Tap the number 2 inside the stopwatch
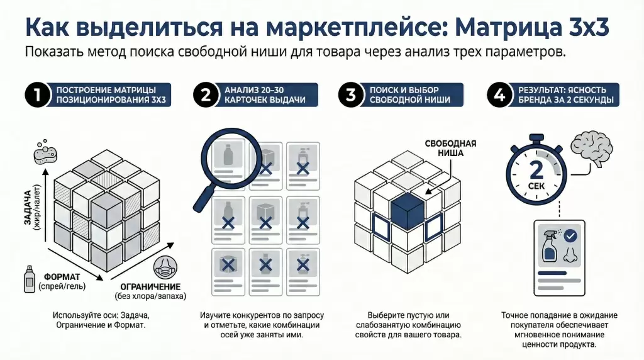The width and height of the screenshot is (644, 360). tap(536, 170)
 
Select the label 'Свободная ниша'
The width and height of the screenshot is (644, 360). tap(450, 148)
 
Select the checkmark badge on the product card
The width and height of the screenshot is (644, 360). tap(570, 237)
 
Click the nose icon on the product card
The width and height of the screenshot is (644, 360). tap(570, 254)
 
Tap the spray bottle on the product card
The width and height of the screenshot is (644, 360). tap(549, 245)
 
